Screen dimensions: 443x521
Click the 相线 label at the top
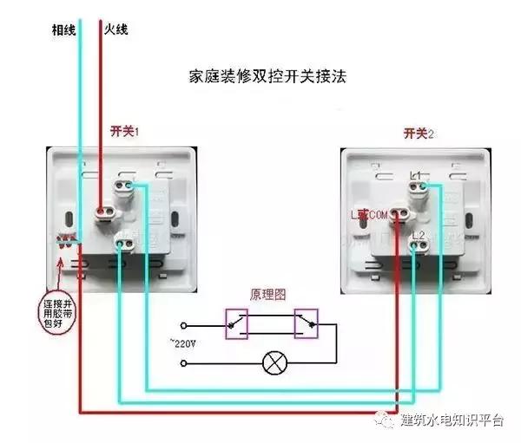coord(64,29)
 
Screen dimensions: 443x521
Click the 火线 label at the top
coord(117,29)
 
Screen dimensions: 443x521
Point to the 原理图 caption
coord(268,295)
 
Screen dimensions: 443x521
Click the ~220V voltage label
coord(182,344)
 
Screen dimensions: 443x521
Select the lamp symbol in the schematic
coord(274,362)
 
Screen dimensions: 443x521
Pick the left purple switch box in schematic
coord(236,325)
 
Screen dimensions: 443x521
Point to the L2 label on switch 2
coord(417,235)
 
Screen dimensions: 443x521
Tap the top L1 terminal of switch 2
coord(419,181)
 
